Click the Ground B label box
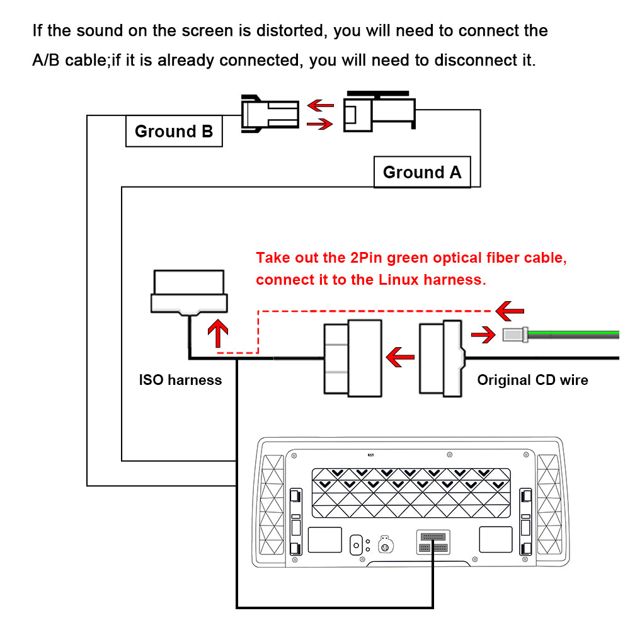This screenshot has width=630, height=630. (174, 131)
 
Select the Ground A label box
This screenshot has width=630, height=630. (421, 172)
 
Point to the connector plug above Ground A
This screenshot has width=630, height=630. (379, 113)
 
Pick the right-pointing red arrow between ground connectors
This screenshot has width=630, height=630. (319, 124)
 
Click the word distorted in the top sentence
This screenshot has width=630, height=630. (285, 30)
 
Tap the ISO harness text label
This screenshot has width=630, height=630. (180, 380)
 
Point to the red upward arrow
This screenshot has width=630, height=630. (218, 333)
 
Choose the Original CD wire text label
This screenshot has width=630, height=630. (532, 380)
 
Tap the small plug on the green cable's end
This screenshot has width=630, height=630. (515, 335)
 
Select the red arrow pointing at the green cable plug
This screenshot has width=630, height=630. (483, 335)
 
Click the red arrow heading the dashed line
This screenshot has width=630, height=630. (509, 309)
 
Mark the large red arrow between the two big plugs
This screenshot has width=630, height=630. (400, 358)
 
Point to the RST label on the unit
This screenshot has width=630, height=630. (370, 454)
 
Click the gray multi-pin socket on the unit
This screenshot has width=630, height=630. (433, 542)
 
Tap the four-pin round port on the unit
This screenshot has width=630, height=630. (384, 544)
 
